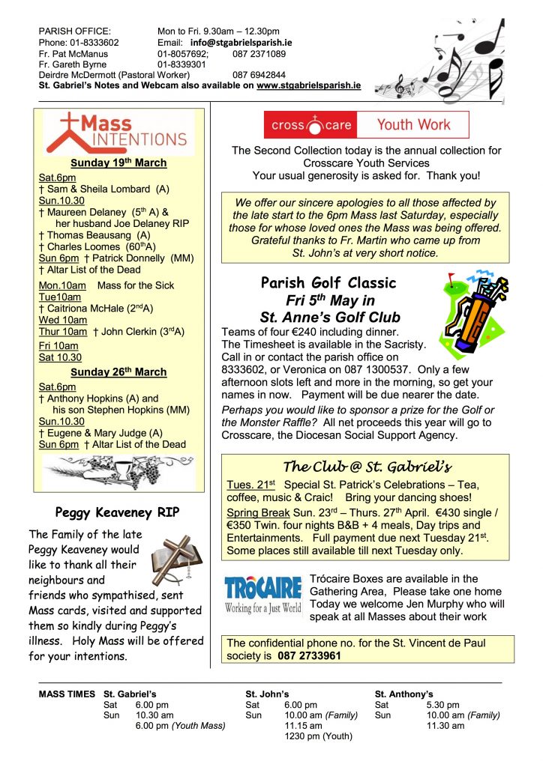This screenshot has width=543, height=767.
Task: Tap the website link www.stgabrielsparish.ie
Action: pos(308,86)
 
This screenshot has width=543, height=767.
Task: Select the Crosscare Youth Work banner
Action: pos(366,125)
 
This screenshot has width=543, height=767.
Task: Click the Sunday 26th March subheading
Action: pos(118,372)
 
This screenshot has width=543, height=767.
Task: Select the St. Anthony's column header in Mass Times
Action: pos(403,694)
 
